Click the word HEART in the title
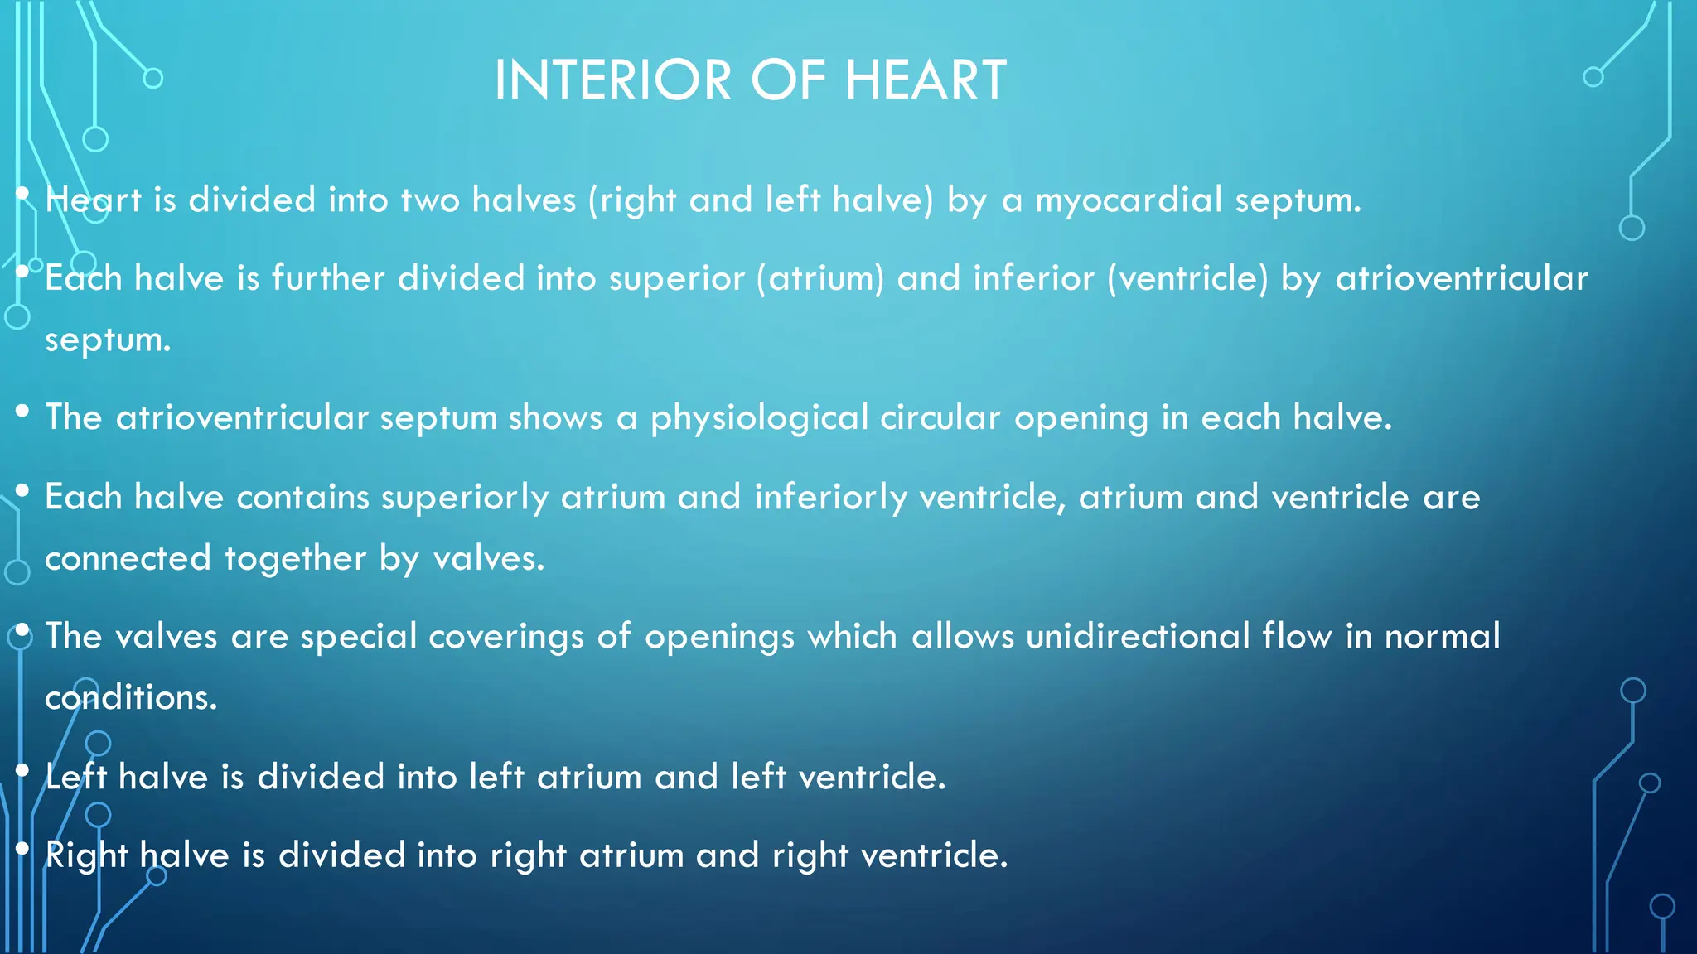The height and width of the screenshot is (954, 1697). pos(926,80)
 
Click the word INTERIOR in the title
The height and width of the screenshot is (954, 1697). pos(612,80)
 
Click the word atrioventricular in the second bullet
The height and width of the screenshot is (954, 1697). pos(1462,278)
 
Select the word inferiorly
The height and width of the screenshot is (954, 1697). pos(830,498)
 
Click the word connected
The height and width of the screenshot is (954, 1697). pos(128,558)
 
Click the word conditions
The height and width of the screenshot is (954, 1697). pos(131,697)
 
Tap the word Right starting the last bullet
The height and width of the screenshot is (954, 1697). pos(86,855)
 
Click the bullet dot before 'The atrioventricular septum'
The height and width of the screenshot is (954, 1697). pos(22,411)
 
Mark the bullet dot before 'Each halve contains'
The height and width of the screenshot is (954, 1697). pos(22,491)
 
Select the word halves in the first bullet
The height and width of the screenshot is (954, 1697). pos(524,200)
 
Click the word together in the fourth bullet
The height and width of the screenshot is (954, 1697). pos(295,558)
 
